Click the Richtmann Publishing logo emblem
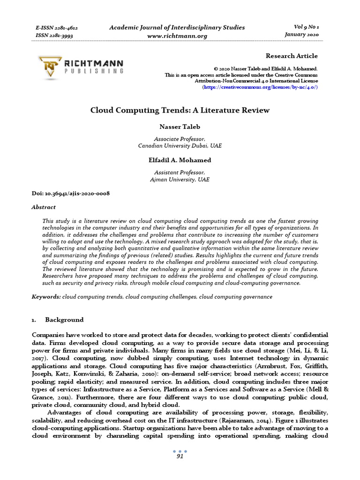pos(50,66)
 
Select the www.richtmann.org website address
pos(178,36)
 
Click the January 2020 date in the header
pos(301,35)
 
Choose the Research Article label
pos(292,56)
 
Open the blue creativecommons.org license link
pos(260,87)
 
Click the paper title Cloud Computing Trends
pos(180,110)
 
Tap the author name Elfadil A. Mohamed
pos(180,160)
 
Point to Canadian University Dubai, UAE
pos(180,146)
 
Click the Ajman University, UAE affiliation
pos(180,180)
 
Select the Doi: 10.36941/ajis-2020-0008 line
pos(71,194)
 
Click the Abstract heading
pos(44,207)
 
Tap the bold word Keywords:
pos(46,297)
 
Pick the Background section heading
pos(64,320)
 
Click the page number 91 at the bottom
pos(180,456)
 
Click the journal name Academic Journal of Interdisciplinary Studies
pos(177,27)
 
